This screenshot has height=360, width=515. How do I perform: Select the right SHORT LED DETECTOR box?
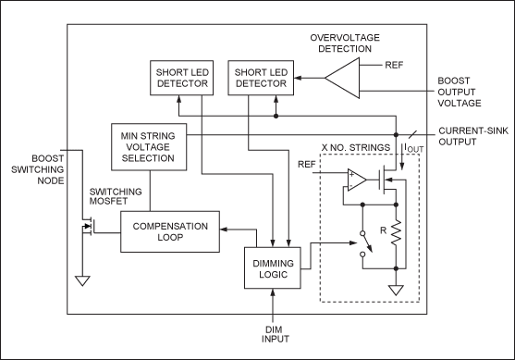pyautogui.click(x=261, y=78)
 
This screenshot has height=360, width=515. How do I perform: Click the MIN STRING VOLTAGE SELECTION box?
pyautogui.click(x=148, y=146)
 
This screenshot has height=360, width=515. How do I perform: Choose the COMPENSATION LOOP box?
pyautogui.click(x=168, y=231)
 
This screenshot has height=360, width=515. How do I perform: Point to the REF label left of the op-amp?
pyautogui.click(x=309, y=164)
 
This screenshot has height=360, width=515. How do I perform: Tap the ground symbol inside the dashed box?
pyautogui.click(x=396, y=290)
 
